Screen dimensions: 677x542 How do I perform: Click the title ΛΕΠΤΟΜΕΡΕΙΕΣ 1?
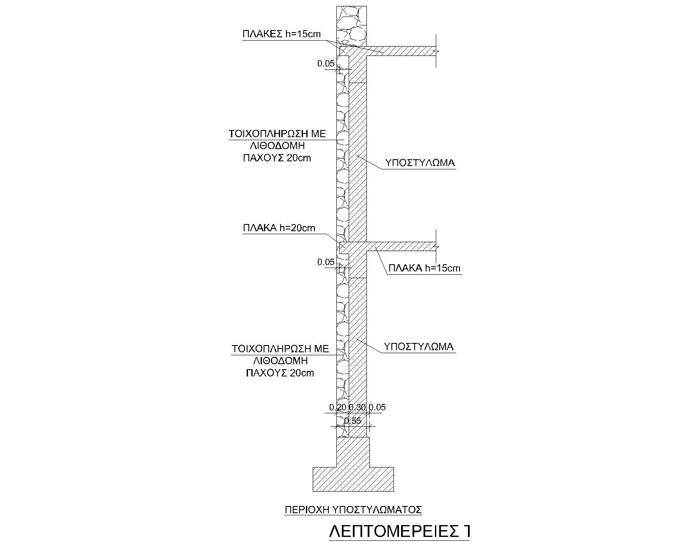point(399,532)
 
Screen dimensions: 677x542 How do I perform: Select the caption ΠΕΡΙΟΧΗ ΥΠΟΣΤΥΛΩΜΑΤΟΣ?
point(353,509)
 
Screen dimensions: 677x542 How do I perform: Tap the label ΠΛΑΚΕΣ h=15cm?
point(281,34)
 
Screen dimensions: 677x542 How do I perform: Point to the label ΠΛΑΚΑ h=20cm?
point(279,228)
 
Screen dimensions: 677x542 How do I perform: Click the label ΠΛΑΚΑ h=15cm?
point(424,268)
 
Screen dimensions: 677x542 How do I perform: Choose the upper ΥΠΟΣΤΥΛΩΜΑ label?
point(420,163)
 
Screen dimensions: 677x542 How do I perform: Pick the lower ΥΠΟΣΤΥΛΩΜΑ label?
point(418,347)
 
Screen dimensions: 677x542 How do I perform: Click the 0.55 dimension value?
point(352,421)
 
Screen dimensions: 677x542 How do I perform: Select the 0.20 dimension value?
point(338,407)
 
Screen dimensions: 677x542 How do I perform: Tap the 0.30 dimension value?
point(357,407)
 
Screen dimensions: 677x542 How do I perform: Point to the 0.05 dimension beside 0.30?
point(377,407)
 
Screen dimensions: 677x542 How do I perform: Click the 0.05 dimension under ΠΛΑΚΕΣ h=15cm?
point(326,64)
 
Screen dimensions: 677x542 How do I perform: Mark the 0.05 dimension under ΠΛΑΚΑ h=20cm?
point(326,262)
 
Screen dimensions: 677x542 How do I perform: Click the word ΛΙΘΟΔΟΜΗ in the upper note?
point(278,146)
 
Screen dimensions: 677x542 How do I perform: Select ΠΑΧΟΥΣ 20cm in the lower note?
point(280,373)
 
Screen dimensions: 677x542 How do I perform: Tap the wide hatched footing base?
point(353,479)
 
